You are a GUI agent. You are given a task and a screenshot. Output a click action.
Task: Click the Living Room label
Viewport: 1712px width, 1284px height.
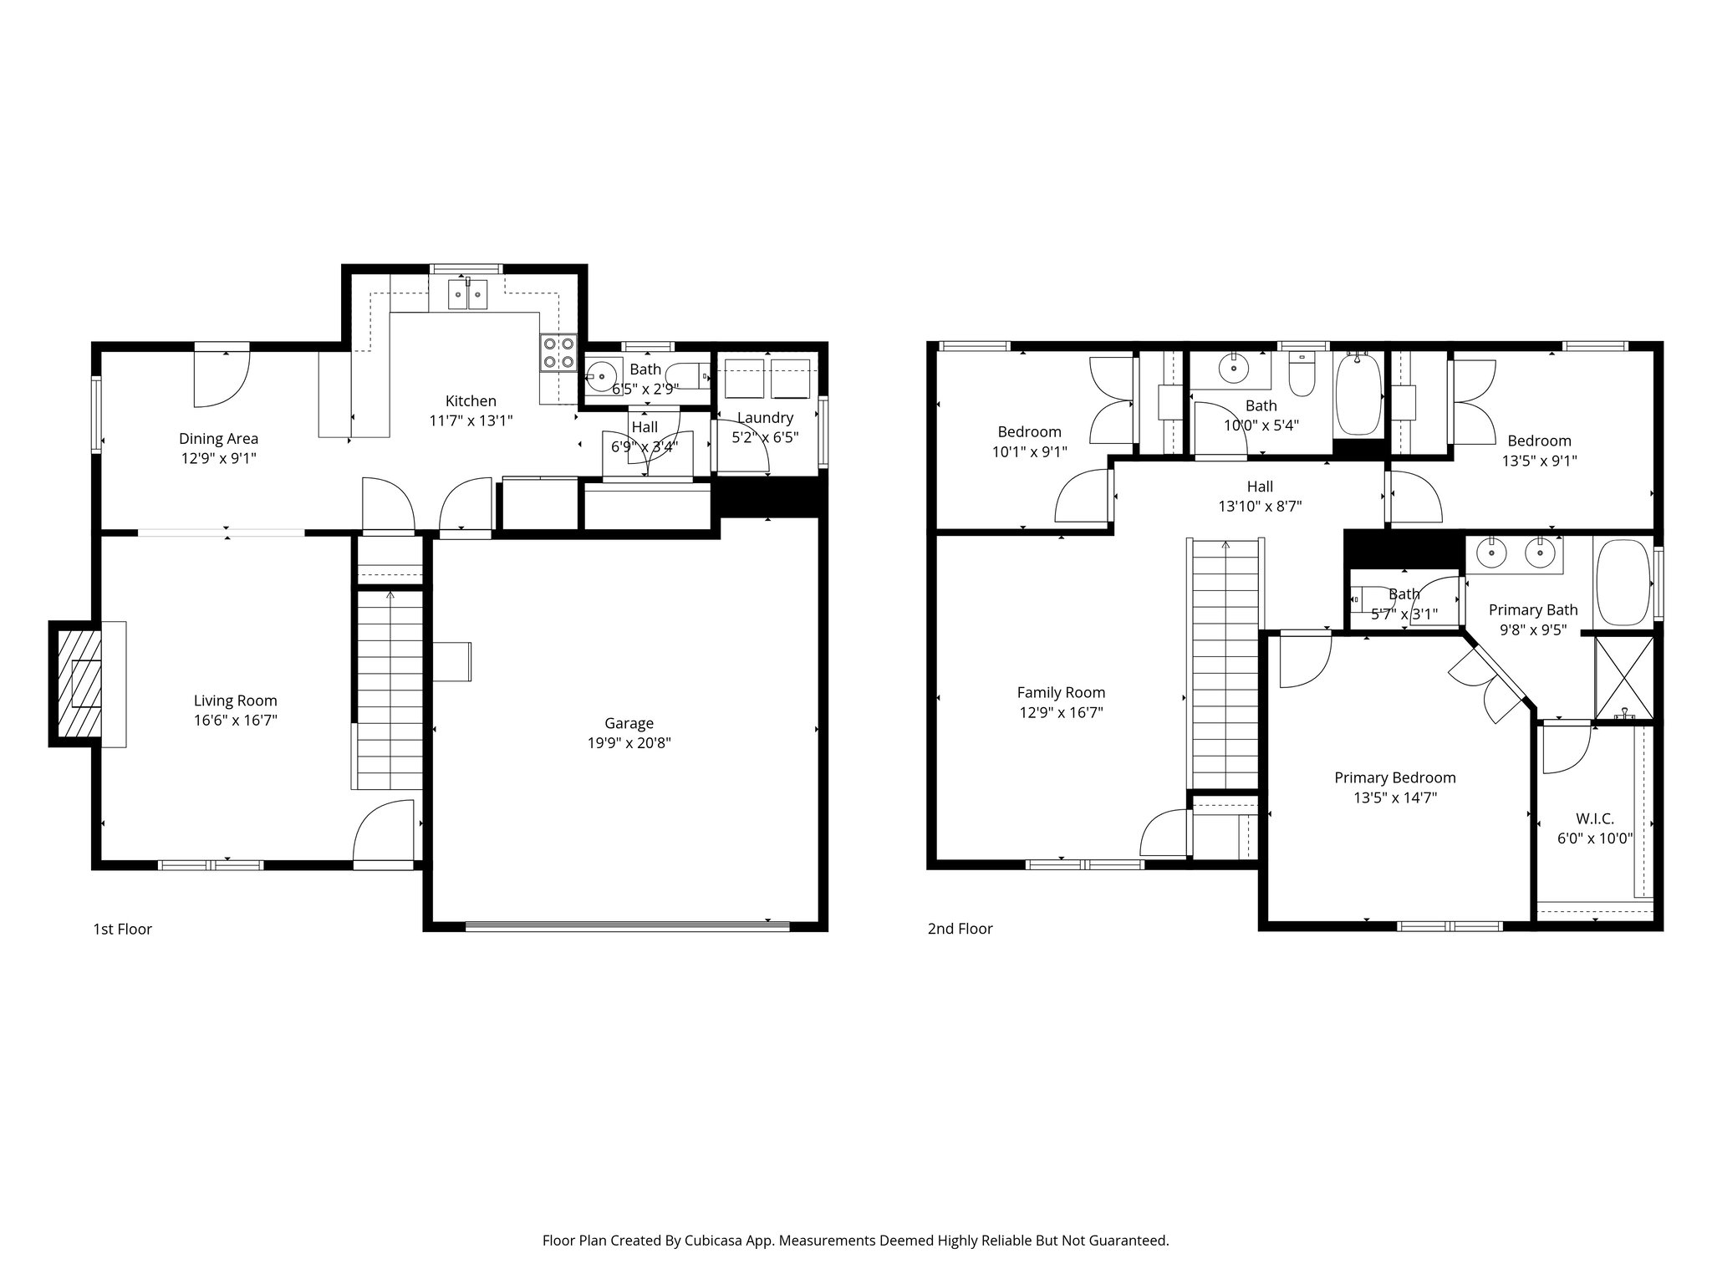[235, 701]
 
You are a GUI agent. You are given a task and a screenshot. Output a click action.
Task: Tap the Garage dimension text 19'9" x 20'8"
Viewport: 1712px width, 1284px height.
[629, 742]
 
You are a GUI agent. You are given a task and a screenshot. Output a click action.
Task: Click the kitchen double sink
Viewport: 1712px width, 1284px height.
[467, 294]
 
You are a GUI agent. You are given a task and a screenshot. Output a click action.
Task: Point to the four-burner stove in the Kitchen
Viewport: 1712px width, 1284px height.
[558, 352]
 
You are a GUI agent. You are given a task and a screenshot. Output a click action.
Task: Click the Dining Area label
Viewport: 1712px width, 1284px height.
[218, 438]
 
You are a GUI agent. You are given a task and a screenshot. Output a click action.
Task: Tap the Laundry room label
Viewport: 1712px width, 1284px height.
[764, 418]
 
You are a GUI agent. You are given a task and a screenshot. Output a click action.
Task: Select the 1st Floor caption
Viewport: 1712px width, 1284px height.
[122, 929]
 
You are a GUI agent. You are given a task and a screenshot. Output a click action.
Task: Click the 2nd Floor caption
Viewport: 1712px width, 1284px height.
[960, 929]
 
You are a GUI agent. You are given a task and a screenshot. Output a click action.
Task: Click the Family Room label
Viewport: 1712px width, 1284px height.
[1061, 692]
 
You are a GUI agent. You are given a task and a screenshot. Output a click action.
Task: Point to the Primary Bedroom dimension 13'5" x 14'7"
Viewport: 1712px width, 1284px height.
[1394, 797]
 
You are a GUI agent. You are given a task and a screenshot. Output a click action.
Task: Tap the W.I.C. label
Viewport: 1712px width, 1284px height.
[1594, 818]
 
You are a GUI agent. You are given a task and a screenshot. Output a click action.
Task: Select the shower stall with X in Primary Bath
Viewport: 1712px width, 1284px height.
[1623, 677]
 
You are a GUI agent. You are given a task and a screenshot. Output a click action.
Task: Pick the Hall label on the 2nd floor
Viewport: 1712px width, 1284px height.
[1260, 487]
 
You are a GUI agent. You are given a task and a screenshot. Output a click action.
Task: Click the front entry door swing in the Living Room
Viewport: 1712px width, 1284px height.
[383, 832]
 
